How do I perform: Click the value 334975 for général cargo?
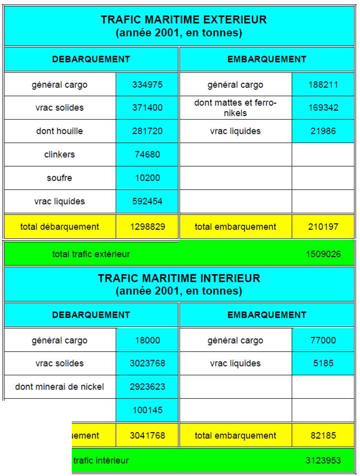coord(147,85)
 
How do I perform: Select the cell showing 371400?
coord(147,108)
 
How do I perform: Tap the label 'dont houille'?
coord(59,131)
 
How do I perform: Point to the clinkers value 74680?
coord(147,155)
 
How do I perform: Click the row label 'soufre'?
coord(59,178)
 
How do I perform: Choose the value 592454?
coord(147,201)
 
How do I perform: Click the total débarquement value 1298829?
coord(147,227)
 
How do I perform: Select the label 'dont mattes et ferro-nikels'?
coord(235,108)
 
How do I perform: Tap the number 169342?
coord(323,108)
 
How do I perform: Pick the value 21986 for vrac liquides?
coord(323,131)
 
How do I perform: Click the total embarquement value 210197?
coord(323,227)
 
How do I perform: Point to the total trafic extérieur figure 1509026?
coord(323,254)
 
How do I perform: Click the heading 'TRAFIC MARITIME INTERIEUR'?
coord(179,278)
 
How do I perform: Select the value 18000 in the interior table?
coord(147,340)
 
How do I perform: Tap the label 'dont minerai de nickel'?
coord(59,387)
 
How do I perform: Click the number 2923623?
coord(147,387)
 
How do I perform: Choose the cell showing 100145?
coord(147,410)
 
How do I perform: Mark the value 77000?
coord(323,340)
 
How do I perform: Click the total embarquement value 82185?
coord(323,436)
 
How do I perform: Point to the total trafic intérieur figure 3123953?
coord(323,461)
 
